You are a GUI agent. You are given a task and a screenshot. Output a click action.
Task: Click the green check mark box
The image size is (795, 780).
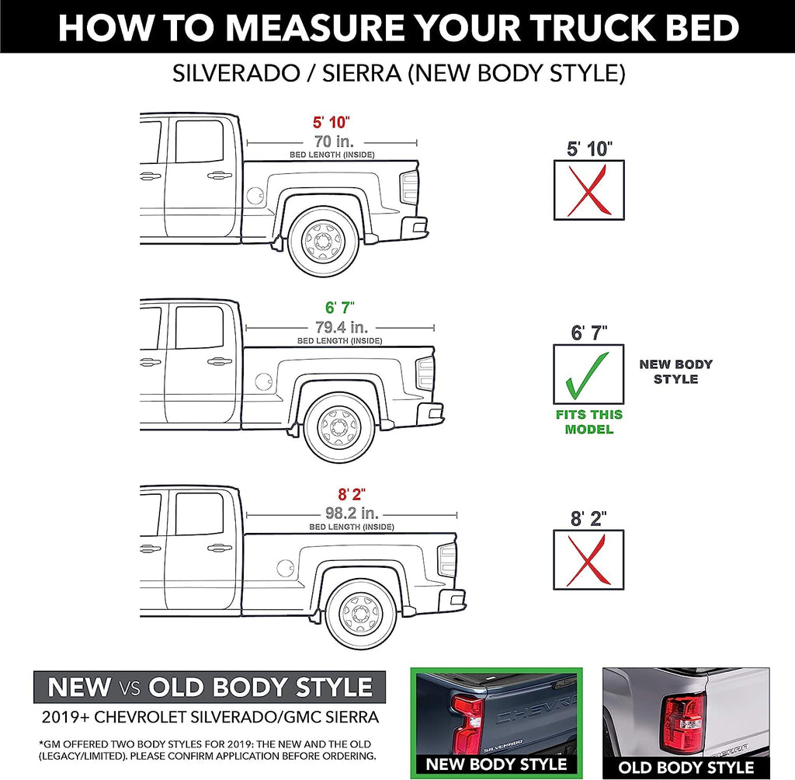588,374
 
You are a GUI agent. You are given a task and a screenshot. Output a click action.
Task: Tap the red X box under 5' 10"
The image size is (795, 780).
588,190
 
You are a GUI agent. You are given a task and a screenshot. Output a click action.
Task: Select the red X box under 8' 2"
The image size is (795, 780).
588,559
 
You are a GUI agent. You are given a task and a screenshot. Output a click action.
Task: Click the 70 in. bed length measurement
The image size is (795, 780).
333,141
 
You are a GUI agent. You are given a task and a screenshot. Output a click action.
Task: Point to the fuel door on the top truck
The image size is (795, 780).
255,195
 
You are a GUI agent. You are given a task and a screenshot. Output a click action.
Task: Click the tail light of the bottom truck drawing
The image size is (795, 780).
448,559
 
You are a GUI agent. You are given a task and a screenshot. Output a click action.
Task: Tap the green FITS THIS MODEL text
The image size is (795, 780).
588,422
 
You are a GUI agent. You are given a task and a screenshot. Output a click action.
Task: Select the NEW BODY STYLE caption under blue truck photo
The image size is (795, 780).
496,764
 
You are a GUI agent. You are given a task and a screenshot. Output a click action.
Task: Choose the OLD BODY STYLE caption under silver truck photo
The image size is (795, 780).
686,768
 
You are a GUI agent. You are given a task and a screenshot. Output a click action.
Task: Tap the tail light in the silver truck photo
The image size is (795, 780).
684,722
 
